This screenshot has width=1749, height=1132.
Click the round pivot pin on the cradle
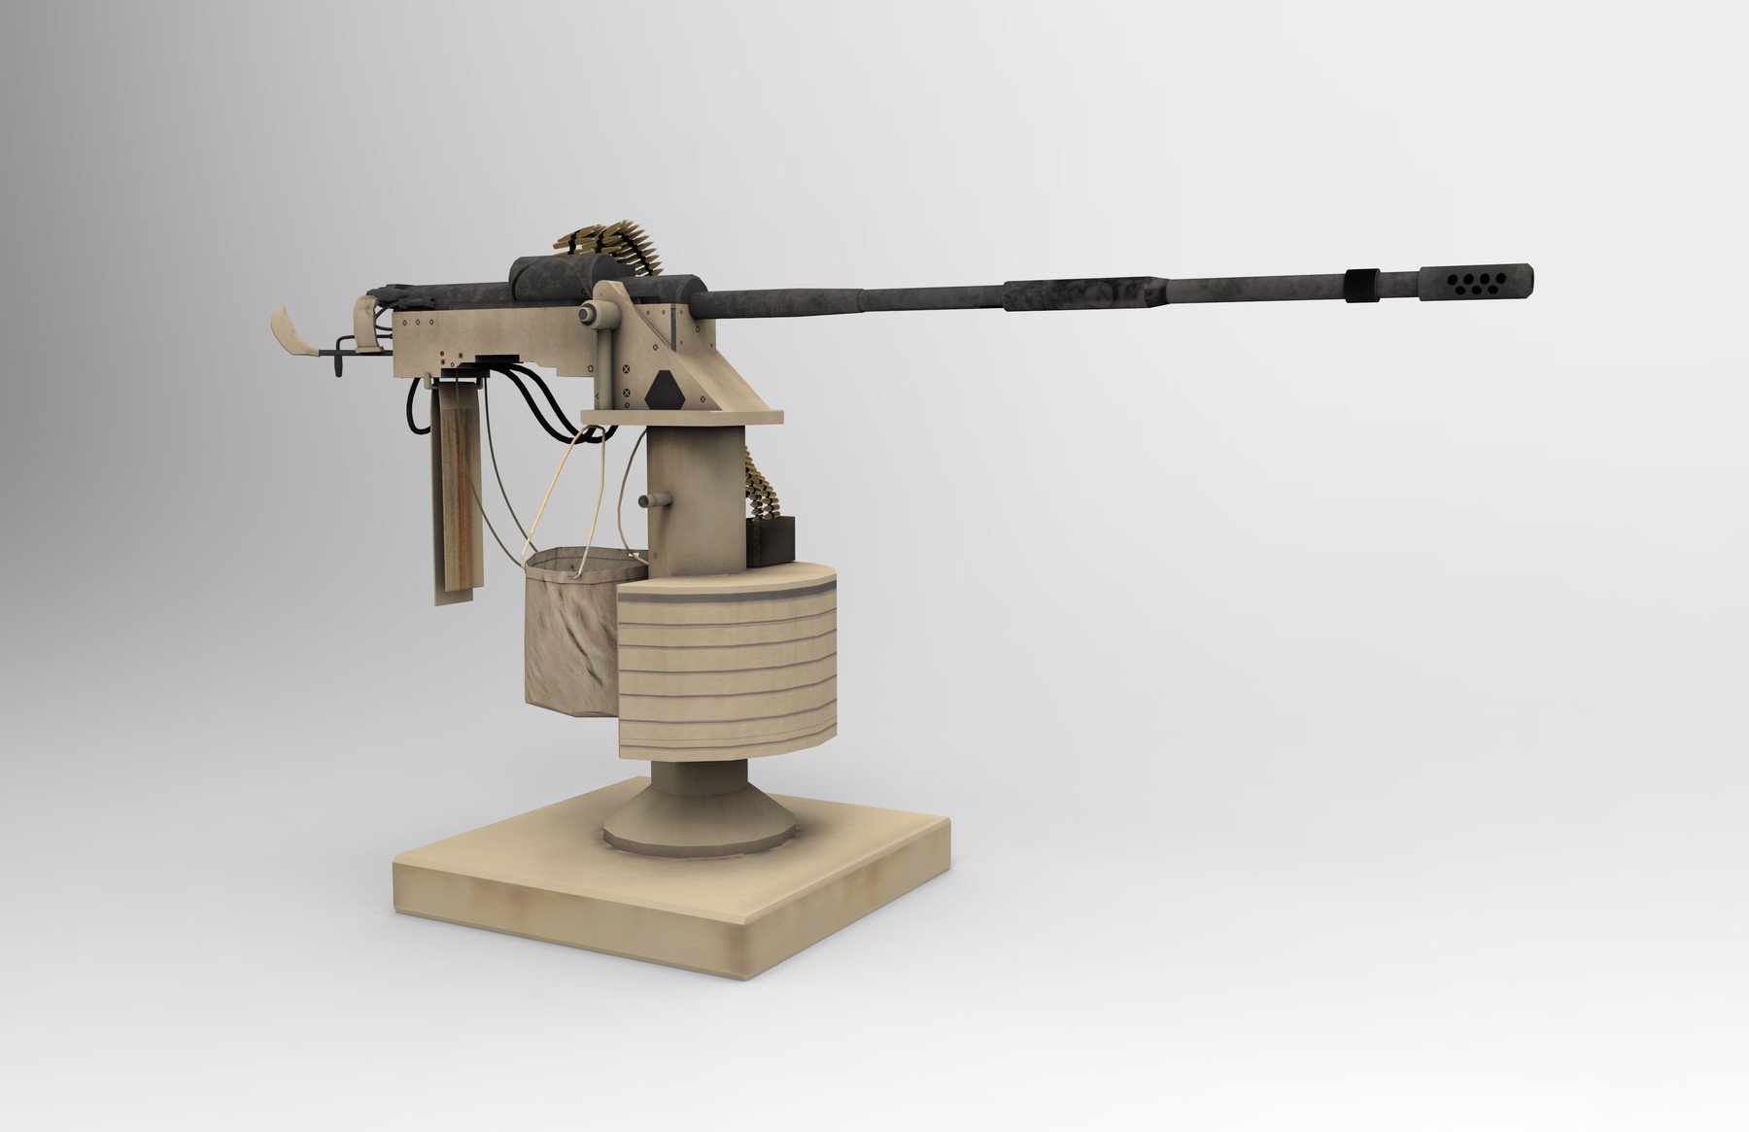(x=589, y=313)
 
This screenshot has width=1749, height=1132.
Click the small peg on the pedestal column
(x=653, y=500)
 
